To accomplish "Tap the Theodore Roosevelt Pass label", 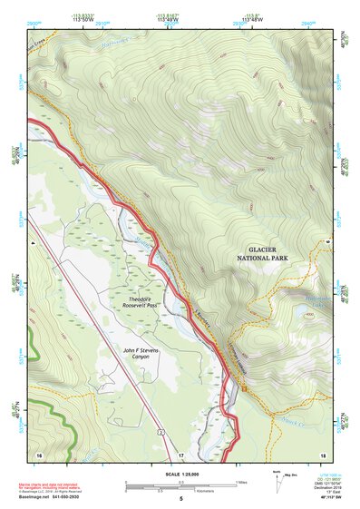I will (x=144, y=303).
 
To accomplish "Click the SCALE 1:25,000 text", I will (x=180, y=474).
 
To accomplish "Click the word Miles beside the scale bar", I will (x=242, y=482).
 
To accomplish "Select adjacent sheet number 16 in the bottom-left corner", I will (x=39, y=454).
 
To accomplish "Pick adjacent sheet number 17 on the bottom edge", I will (x=180, y=454).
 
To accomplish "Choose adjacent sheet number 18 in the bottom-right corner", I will (x=321, y=454).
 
